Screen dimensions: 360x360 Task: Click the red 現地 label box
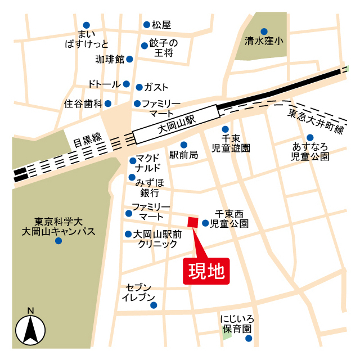coord(206,271)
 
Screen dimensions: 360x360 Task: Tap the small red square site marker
coord(193,223)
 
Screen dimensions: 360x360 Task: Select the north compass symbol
coord(30,328)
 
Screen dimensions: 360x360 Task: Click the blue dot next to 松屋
coord(147,25)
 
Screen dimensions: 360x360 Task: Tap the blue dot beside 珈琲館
coord(129,59)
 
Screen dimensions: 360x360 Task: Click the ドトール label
coord(104,84)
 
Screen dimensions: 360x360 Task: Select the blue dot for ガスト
coord(139,87)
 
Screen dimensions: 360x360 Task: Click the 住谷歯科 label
coord(83,103)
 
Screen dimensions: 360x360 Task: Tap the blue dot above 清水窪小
coord(264,31)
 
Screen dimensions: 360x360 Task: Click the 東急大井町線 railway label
coord(315,121)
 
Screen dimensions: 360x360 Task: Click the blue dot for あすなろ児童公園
coord(310,138)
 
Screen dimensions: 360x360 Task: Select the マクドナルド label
coord(148,163)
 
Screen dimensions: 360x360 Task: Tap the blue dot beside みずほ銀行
coord(132,177)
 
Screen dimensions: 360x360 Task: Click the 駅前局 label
coord(183,155)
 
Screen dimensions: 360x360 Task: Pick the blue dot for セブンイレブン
coord(154,305)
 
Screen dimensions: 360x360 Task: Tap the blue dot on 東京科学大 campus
coord(58,241)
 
